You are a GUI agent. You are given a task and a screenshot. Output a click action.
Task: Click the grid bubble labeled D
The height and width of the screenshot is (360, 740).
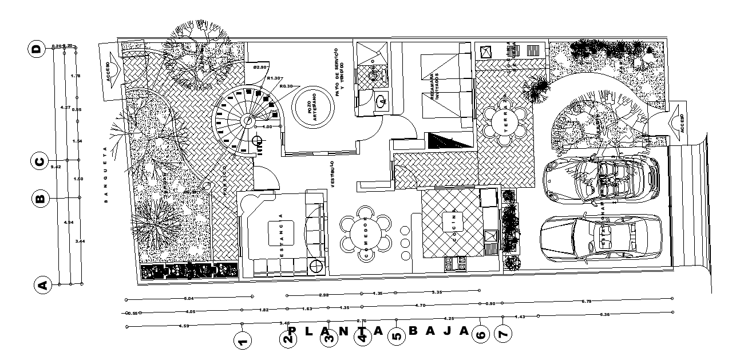37,49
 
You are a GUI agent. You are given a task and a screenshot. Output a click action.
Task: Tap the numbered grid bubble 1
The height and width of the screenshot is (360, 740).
243,342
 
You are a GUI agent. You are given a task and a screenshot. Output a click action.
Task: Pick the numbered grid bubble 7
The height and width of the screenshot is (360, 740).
502,333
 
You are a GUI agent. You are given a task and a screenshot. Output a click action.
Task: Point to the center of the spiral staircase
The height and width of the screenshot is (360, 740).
247,121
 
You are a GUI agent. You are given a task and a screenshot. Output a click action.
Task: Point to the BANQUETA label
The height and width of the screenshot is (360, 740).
106,176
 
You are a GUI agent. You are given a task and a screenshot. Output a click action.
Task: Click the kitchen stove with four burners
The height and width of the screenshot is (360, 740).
455,263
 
